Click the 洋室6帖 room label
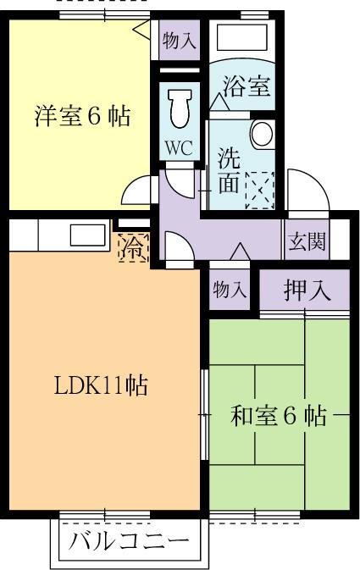(x=82, y=116)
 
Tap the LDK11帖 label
(x=101, y=385)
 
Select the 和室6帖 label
(x=278, y=416)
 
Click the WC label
(x=179, y=147)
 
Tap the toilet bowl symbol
(x=180, y=108)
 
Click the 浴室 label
(x=246, y=86)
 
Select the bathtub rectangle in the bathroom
(x=241, y=36)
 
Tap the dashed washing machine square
(x=260, y=191)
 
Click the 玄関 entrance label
(x=307, y=241)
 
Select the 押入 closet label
(x=307, y=291)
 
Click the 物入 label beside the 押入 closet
(x=230, y=291)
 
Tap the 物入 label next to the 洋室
(x=180, y=41)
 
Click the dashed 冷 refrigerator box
(x=134, y=247)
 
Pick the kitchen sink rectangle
(x=87, y=235)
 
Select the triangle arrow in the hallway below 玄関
(x=240, y=252)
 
